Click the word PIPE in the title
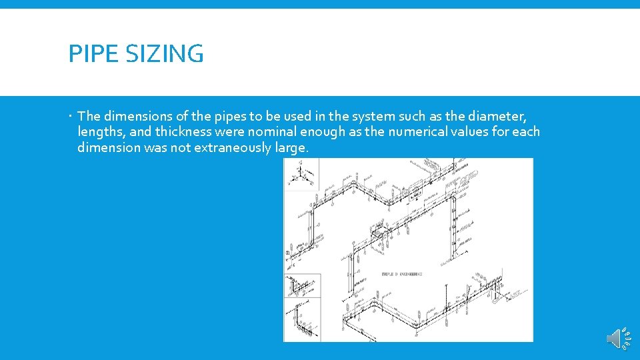(x=89, y=53)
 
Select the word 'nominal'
(x=271, y=132)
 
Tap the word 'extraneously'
(x=232, y=147)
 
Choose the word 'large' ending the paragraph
(x=291, y=147)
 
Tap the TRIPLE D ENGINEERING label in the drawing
(x=401, y=273)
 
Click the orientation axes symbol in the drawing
(x=301, y=174)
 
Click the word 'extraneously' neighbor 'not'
(x=232, y=147)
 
